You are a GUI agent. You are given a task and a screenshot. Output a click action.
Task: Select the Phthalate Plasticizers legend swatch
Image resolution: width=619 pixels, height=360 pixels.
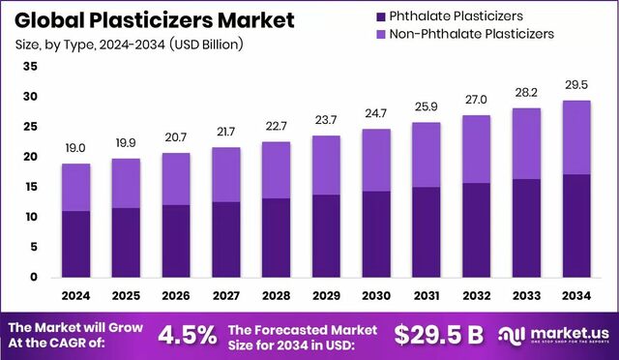click(382, 15)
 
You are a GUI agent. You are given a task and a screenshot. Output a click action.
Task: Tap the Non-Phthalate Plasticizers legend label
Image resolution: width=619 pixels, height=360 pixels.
click(474, 34)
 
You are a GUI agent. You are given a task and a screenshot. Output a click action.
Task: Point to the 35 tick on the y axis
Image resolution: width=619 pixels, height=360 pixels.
click(30, 67)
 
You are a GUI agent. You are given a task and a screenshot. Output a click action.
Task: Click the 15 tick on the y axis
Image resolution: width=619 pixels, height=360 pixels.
click(30, 187)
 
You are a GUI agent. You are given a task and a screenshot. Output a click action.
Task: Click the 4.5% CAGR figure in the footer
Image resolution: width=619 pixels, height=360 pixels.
click(188, 335)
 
